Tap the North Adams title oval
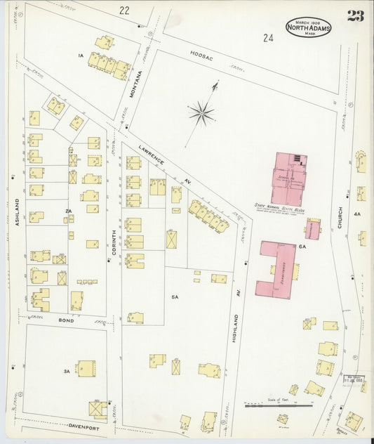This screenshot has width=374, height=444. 308,29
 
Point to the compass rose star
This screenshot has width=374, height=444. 204,110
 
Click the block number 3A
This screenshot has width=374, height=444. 67,370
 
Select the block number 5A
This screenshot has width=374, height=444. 175,297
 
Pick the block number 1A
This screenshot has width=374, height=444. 81,55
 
